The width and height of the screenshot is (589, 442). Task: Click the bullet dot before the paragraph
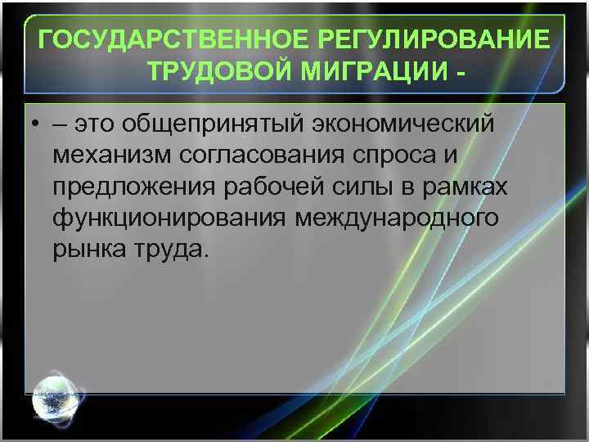coord(37,124)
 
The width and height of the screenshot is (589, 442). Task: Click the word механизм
coord(107,155)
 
